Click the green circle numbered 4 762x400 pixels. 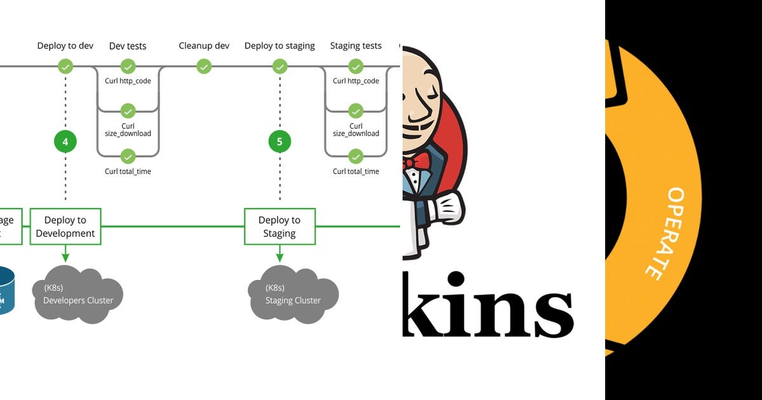click(x=65, y=142)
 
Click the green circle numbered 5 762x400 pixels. click(x=279, y=142)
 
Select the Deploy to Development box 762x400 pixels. click(x=65, y=227)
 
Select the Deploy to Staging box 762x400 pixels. click(x=279, y=227)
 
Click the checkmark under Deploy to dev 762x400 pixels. click(x=65, y=66)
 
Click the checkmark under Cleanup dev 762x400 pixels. click(x=203, y=66)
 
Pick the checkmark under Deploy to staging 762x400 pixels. click(x=279, y=66)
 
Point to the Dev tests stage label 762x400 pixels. click(x=128, y=46)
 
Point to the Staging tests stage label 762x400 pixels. click(x=356, y=46)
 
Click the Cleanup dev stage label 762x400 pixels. click(x=203, y=46)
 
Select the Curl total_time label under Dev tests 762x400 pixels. click(x=128, y=171)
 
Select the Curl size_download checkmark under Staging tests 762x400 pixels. click(x=356, y=111)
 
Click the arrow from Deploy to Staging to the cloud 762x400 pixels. click(x=279, y=253)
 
